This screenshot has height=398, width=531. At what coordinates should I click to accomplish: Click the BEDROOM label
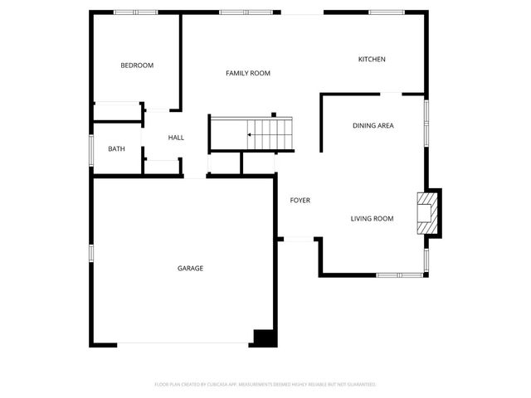137,66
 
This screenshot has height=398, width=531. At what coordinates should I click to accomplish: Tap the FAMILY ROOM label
248,74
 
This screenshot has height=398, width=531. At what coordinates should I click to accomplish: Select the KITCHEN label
371,59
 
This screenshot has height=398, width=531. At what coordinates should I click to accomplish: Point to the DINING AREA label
373,126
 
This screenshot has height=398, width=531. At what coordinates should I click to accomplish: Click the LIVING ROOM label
371,219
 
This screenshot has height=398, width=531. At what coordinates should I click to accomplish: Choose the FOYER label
300,201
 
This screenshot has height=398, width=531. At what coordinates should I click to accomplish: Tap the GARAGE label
190,268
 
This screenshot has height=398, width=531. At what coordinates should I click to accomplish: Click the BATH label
116,149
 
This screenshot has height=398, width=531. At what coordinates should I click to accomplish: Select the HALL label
176,138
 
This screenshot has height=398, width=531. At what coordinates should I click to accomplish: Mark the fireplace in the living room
427,213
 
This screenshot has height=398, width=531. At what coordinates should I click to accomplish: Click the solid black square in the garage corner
264,337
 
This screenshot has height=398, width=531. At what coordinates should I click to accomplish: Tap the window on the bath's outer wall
92,149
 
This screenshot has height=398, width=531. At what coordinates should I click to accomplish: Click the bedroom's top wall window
135,12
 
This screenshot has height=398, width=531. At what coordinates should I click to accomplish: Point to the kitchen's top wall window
387,12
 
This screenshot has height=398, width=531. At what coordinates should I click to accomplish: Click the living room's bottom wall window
398,274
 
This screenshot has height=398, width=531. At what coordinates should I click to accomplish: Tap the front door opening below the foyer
299,240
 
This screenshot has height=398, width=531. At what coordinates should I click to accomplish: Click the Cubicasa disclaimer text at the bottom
265,385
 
